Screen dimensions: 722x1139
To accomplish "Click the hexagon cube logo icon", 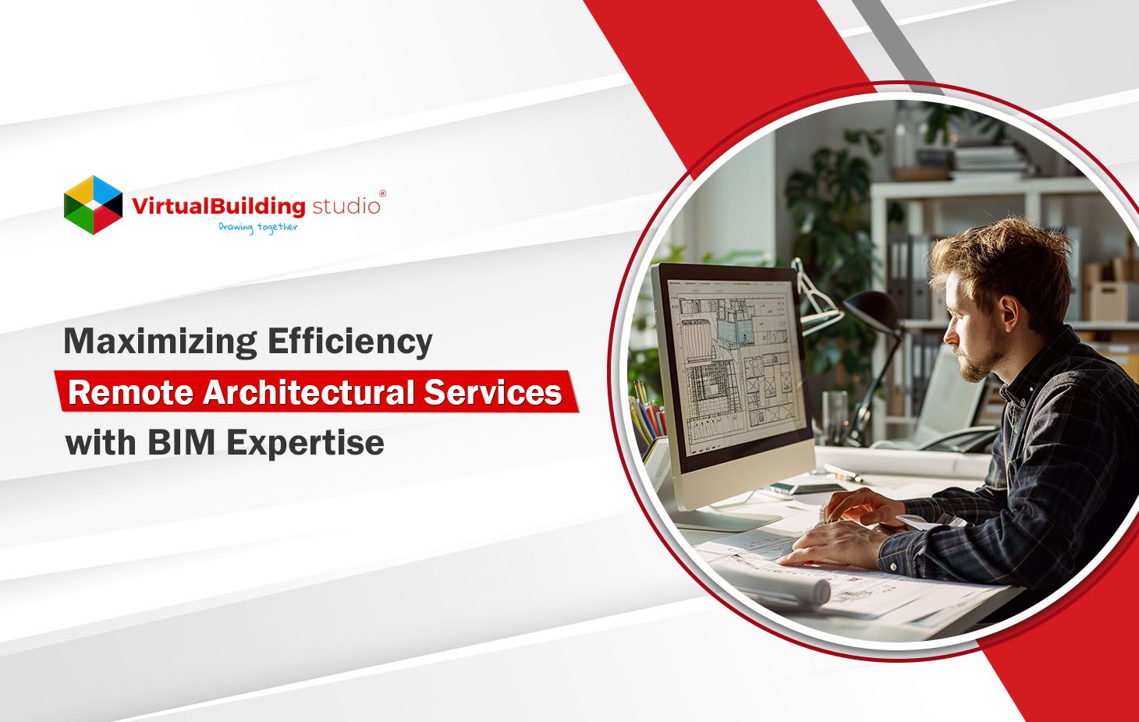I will (x=93, y=205).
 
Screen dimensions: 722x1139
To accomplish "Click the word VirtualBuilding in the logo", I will (x=218, y=207).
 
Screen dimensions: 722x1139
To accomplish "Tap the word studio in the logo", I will (x=346, y=207).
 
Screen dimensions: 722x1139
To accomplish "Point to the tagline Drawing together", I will (x=258, y=228).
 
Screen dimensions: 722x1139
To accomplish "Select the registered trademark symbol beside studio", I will (x=381, y=193).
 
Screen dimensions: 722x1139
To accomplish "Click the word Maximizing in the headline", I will (x=160, y=342).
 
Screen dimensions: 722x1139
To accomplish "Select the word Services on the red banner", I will (x=493, y=392).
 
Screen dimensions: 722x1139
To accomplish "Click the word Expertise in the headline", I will (x=306, y=443).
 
